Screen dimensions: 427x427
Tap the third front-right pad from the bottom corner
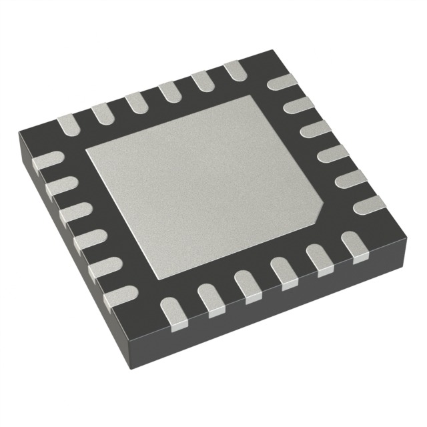(x=246, y=283)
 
